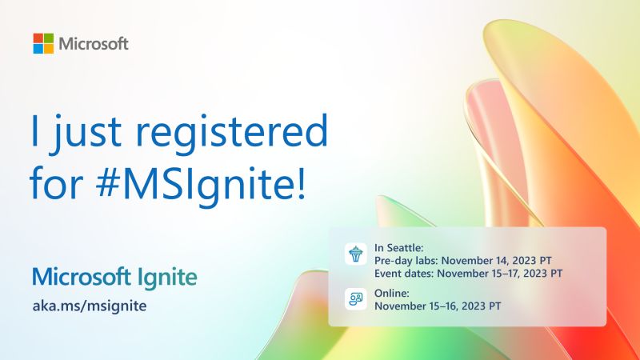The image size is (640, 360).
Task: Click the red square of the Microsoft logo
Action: click(x=38, y=38)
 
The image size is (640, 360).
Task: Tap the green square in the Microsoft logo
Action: click(x=48, y=38)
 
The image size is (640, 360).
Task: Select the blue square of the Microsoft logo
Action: click(x=38, y=48)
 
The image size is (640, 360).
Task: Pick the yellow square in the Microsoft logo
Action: click(x=48, y=48)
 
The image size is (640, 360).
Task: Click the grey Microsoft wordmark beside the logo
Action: click(x=94, y=43)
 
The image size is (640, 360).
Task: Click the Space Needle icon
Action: click(x=354, y=255)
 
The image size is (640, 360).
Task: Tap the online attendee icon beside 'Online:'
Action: click(x=354, y=299)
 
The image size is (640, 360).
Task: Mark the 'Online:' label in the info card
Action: click(x=391, y=293)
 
